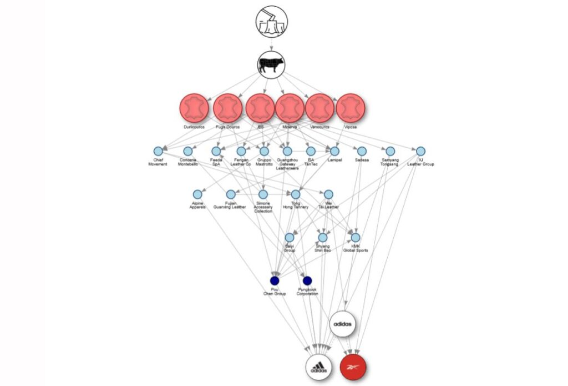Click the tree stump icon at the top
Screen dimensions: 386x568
(x=272, y=22)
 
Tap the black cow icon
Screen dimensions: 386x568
(x=272, y=64)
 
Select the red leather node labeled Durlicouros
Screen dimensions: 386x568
(x=194, y=108)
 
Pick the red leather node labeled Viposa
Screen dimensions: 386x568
(x=351, y=108)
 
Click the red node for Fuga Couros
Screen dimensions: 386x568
(x=227, y=108)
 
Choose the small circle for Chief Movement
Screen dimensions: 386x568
(x=158, y=151)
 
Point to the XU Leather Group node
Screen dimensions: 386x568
(x=420, y=151)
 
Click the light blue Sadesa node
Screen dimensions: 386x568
(x=362, y=151)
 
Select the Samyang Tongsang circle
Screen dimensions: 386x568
(x=390, y=151)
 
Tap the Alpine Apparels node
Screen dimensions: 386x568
(x=197, y=194)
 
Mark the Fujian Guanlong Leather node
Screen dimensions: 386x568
(x=231, y=194)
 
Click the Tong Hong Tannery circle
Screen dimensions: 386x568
(x=296, y=194)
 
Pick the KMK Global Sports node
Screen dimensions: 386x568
(x=356, y=238)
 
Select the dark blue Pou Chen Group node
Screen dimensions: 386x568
(x=274, y=280)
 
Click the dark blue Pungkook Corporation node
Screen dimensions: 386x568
(x=307, y=280)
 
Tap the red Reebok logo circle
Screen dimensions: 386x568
(x=353, y=367)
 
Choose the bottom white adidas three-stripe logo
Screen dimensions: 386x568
(x=319, y=367)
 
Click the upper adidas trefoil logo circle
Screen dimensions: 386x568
(x=343, y=324)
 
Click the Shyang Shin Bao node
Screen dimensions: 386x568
(x=322, y=238)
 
